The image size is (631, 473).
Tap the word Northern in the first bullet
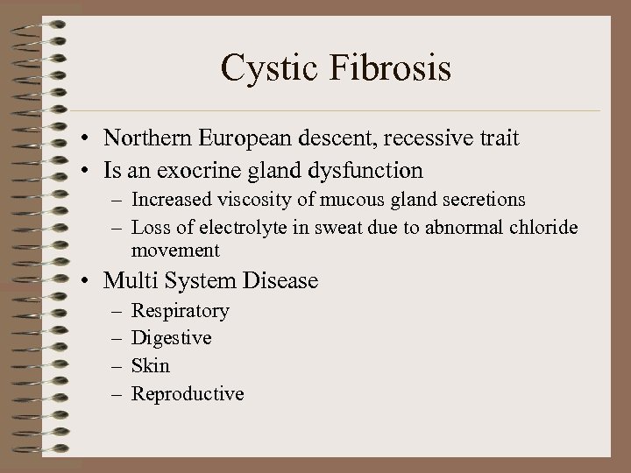[x=145, y=138]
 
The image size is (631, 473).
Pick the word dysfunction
[x=369, y=169]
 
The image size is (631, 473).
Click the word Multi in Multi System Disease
[x=126, y=280]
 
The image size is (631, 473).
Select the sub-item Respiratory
[x=180, y=311]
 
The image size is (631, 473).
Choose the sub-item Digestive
[x=171, y=338]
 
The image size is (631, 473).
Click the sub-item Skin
[x=150, y=365]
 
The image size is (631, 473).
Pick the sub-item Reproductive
[x=188, y=393]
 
